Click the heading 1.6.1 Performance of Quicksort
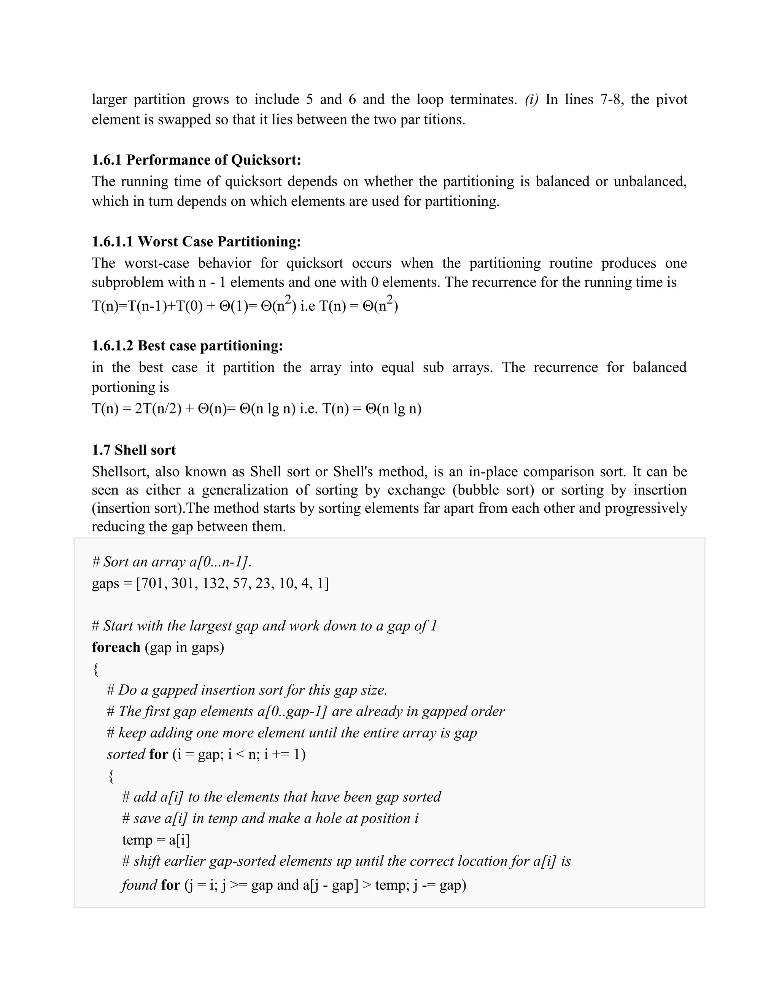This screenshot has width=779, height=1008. [x=196, y=160]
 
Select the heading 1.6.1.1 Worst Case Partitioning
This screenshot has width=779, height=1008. [x=196, y=242]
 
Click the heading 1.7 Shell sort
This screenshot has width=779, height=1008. [x=134, y=450]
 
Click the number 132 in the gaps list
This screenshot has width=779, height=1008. [x=214, y=583]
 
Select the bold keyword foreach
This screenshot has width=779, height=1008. [x=116, y=647]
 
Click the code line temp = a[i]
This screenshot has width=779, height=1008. [x=156, y=840]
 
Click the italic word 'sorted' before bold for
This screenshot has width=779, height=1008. [x=126, y=755]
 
